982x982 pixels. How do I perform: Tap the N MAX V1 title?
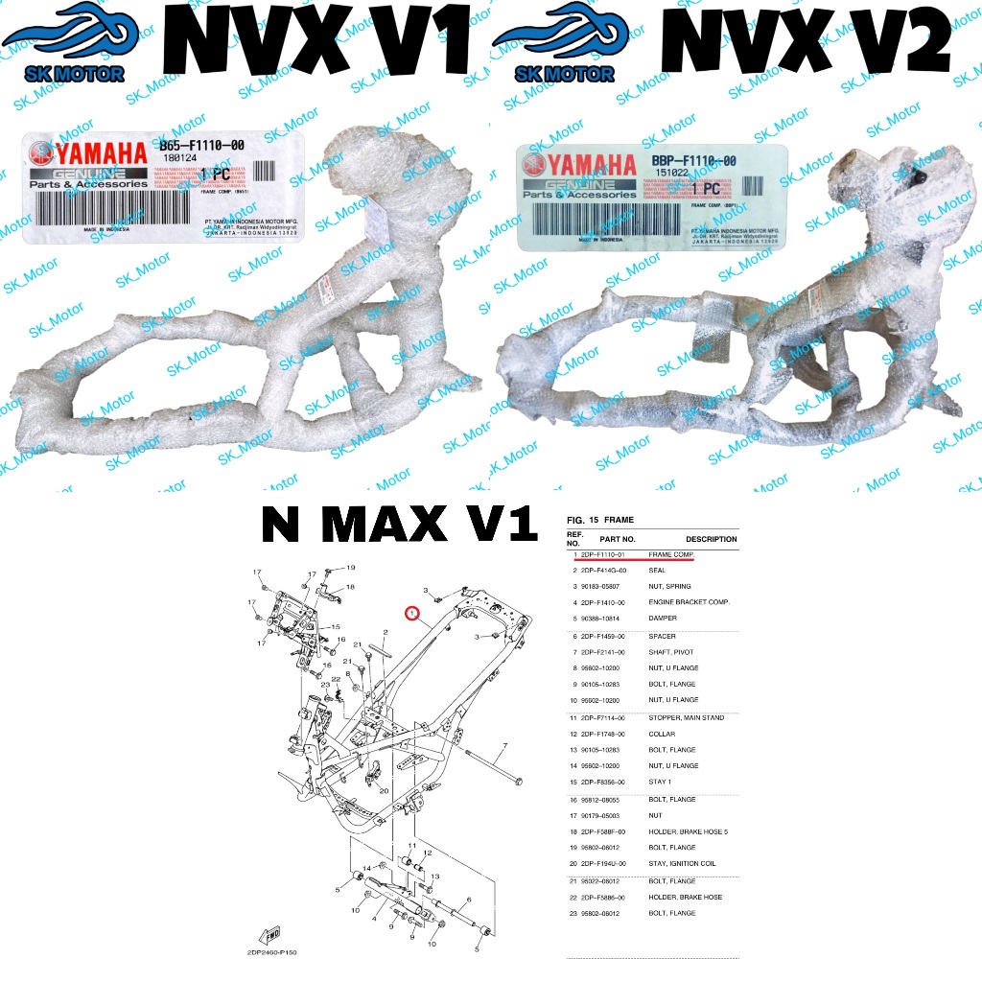click(x=399, y=524)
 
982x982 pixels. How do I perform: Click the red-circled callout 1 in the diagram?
click(x=412, y=613)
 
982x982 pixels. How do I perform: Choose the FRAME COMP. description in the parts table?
click(x=670, y=555)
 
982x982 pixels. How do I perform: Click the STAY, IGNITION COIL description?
click(x=688, y=863)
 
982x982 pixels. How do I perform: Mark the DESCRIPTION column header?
click(x=711, y=539)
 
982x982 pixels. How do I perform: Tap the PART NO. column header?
click(x=618, y=539)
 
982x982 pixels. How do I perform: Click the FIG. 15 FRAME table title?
click(x=600, y=520)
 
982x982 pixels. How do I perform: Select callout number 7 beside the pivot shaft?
click(x=504, y=746)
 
